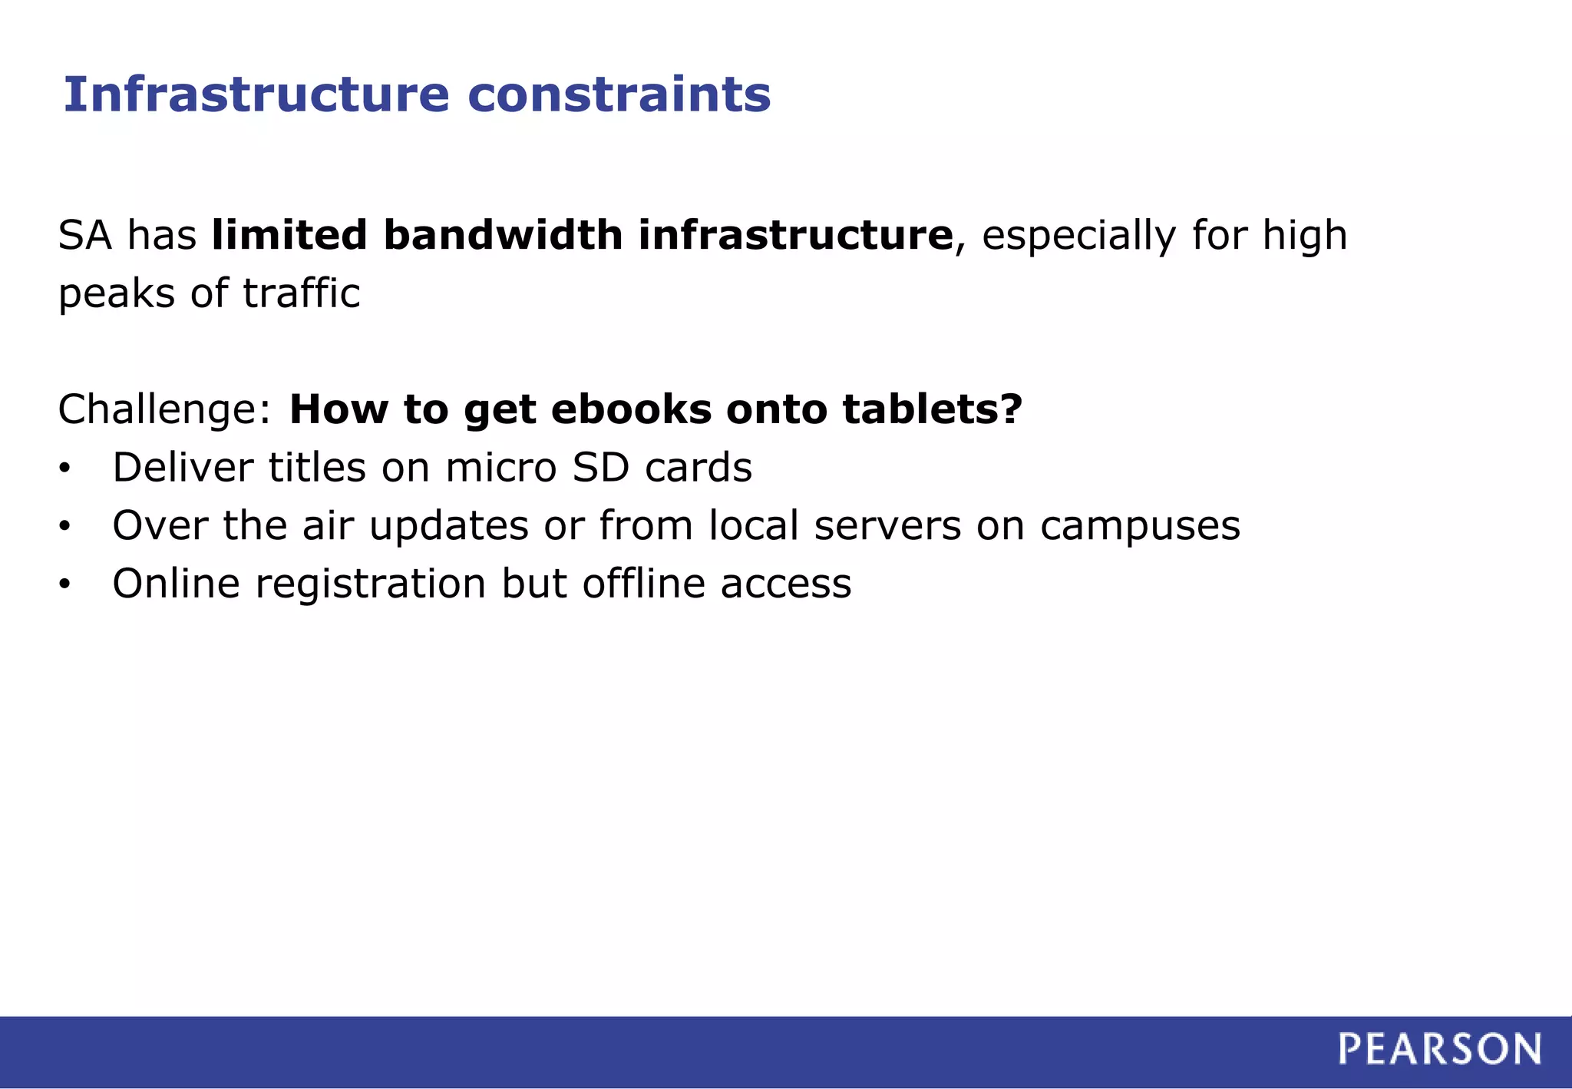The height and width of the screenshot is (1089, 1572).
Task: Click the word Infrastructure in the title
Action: click(256, 94)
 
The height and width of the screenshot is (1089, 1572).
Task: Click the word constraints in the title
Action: click(619, 94)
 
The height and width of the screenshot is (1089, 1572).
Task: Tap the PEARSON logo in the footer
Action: click(1439, 1049)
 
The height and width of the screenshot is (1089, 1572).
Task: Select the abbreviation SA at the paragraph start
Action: click(85, 235)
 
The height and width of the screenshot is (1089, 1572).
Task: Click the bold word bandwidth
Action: click(503, 235)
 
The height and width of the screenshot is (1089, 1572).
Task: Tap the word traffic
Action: click(301, 293)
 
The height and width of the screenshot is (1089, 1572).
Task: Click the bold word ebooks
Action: click(631, 409)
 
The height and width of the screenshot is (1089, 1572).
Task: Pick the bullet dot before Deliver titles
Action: click(64, 468)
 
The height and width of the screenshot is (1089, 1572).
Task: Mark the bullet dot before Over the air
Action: click(64, 527)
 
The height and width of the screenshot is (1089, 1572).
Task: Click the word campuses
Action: click(1140, 528)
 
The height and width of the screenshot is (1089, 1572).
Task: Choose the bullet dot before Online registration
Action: click(64, 585)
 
